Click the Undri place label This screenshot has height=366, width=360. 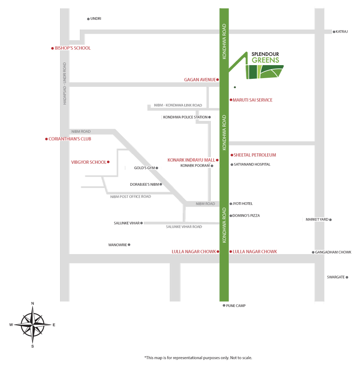tap(96, 19)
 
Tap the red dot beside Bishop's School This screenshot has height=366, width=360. tap(52, 48)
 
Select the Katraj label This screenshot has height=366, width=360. tap(341, 32)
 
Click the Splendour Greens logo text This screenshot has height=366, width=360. tap(265, 57)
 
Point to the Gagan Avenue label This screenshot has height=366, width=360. tap(200, 80)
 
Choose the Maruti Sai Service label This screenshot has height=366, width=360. tap(253, 100)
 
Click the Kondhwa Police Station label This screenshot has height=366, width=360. tap(185, 117)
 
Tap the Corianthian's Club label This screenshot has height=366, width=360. tap(70, 139)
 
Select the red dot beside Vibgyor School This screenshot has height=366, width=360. tap(108, 162)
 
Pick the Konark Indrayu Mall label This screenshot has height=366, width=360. tap(191, 160)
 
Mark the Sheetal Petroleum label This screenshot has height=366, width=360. tap(255, 155)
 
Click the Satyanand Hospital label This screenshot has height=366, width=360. tap(252, 164)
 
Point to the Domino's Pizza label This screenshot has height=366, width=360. tap(246, 216)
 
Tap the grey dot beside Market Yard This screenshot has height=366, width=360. tap(330, 220)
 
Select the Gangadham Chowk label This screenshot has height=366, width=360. tap(333, 252)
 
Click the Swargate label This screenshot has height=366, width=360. tap(336, 277)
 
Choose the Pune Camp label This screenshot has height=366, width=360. tap(236, 306)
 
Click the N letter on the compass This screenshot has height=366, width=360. tap(33, 303)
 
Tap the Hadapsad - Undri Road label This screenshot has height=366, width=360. tap(65, 83)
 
